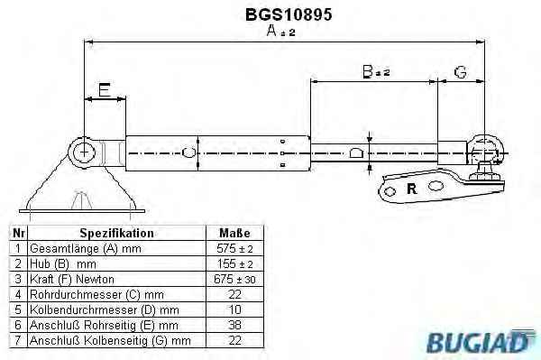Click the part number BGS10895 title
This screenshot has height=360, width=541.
(289, 14)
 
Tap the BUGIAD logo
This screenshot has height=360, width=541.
(481, 341)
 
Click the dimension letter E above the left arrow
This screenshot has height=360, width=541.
(105, 89)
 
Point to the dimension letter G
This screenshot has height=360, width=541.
(461, 72)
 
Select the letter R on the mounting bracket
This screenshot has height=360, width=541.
(412, 189)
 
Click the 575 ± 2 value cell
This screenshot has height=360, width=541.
(234, 248)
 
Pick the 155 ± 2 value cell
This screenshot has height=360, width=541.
(234, 263)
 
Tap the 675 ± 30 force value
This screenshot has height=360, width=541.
(234, 279)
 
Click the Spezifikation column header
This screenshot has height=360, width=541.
(116, 233)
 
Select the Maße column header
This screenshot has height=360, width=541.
(234, 233)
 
